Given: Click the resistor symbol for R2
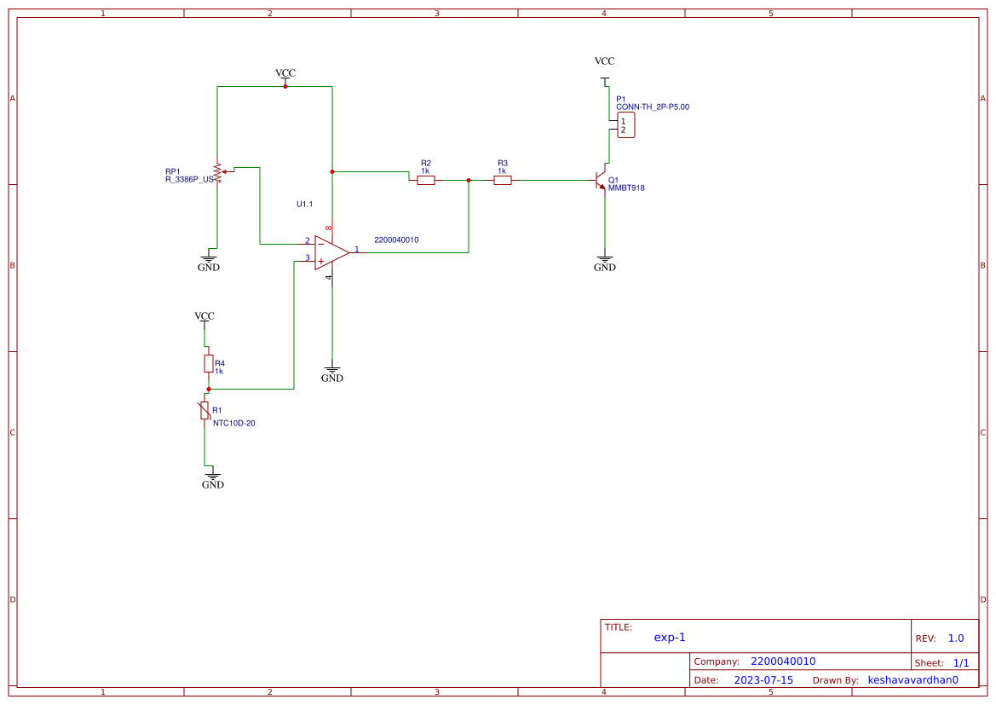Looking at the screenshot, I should (x=426, y=180).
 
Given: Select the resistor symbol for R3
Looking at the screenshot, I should (x=503, y=180).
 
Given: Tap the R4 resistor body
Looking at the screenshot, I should (x=208, y=364).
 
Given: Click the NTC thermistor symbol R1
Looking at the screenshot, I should (x=204, y=411).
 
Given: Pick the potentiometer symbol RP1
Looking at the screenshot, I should (x=217, y=172).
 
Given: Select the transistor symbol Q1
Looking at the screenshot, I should (x=602, y=180).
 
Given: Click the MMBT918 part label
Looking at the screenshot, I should (x=626, y=188).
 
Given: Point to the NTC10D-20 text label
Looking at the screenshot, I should (x=233, y=423).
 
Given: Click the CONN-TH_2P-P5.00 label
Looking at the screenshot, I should (x=652, y=107).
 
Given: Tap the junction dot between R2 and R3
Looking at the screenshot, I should (x=469, y=180).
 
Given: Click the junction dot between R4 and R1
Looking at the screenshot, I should (x=208, y=389).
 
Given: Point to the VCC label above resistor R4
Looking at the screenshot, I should (x=204, y=316).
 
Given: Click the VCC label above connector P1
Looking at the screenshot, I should (x=604, y=61).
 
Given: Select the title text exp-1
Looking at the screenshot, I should (x=670, y=637).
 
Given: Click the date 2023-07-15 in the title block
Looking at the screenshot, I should (x=763, y=680).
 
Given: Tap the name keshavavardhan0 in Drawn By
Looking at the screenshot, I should (x=913, y=680).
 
